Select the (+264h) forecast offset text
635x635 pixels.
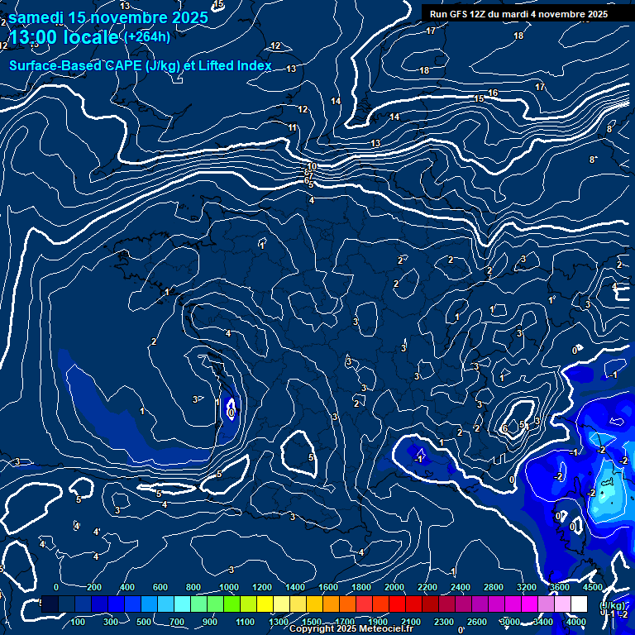coord(147,37)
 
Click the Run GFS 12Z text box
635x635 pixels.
coord(518,14)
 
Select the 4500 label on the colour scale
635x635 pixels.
coord(593,587)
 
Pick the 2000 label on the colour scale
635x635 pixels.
coord(394,587)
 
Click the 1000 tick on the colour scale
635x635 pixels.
coord(229,587)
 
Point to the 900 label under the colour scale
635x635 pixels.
coord(210,622)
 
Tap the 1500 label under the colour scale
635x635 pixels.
coord(312,622)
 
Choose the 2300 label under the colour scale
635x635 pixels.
coord(444,622)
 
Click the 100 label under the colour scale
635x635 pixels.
coord(79,622)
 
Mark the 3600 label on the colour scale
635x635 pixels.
coord(560,587)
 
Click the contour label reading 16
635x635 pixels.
coord(493,93)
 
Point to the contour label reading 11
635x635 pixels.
coord(293,127)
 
